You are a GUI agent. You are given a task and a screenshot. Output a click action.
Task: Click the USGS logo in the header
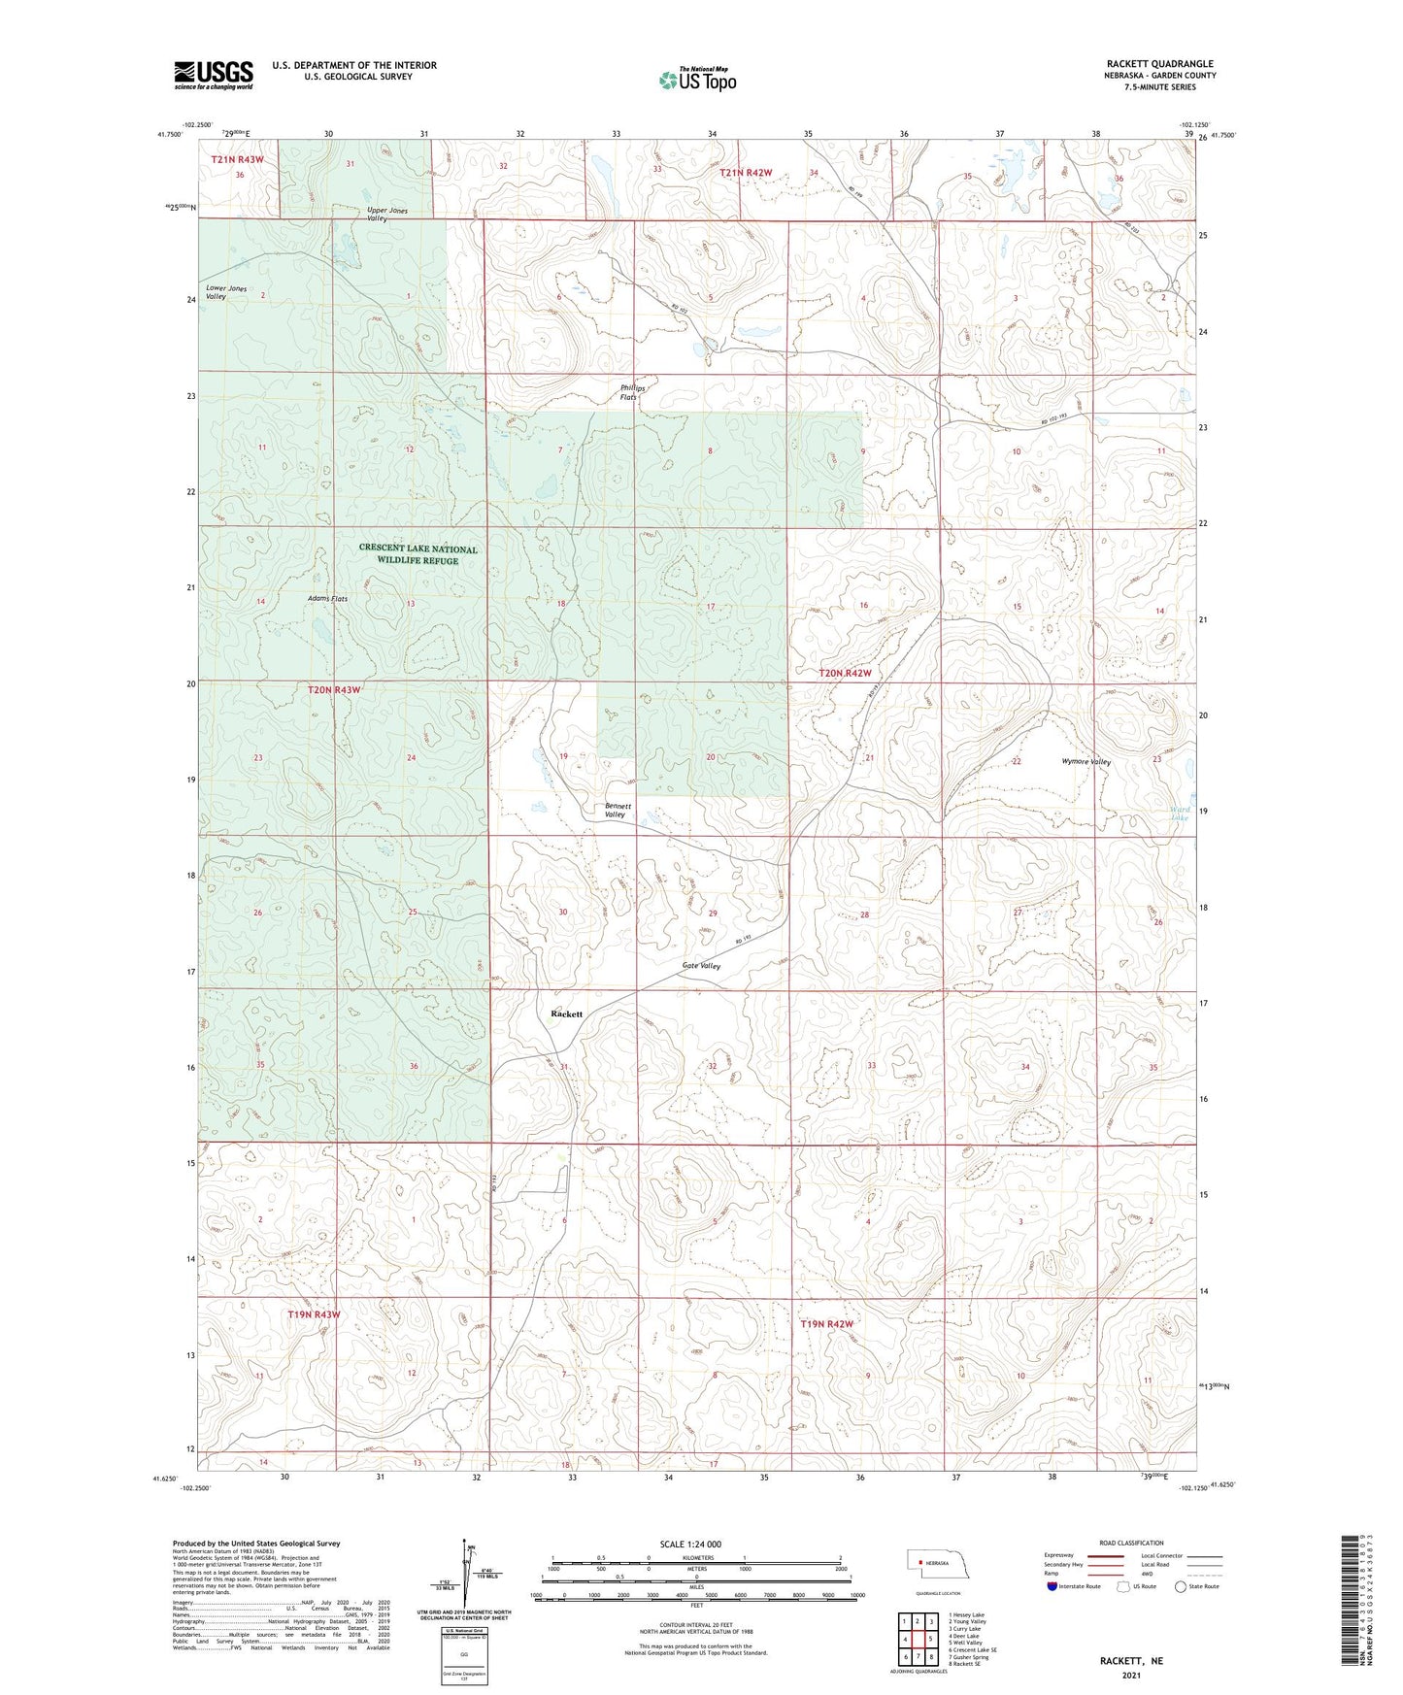(x=214, y=75)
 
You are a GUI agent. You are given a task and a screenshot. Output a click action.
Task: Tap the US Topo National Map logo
(x=696, y=80)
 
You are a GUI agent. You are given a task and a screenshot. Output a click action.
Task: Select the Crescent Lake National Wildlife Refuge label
(x=418, y=554)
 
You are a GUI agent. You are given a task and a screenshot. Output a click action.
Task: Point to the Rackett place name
(x=566, y=1014)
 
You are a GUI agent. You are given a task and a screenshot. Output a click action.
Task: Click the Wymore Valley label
(x=1086, y=762)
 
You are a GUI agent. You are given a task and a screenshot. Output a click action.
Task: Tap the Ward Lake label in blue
(x=1180, y=814)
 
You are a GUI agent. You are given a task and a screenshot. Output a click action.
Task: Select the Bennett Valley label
(x=617, y=811)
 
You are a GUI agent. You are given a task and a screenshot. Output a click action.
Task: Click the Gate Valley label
(x=699, y=966)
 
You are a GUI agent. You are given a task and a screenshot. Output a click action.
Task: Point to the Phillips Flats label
(x=633, y=392)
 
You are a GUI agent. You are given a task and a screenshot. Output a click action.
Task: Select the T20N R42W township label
(x=845, y=673)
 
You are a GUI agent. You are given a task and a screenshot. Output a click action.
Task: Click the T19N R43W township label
(x=315, y=1314)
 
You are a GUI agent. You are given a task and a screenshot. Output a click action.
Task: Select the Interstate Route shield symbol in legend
(x=1052, y=1586)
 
